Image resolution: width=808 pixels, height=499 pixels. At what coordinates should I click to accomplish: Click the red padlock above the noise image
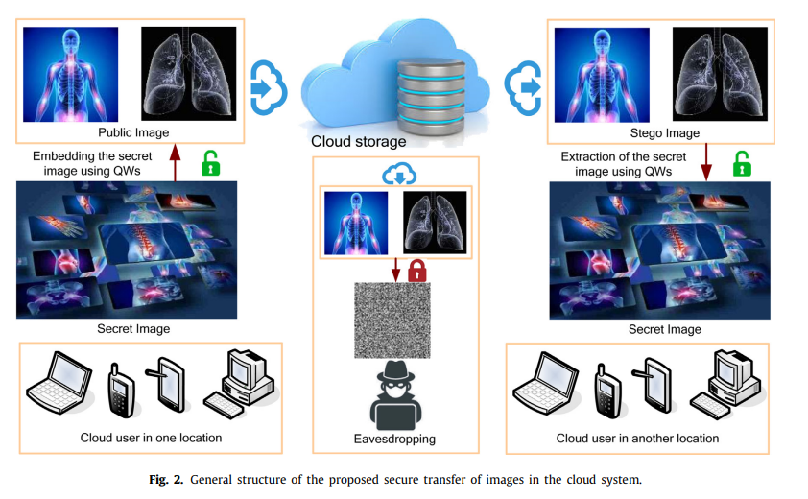pyautogui.click(x=417, y=271)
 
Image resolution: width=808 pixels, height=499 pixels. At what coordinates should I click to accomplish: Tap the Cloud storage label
pyautogui.click(x=358, y=142)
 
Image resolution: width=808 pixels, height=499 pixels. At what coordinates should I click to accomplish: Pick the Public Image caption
pyautogui.click(x=133, y=132)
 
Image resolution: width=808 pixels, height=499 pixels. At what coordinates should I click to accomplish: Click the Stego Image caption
pyautogui.click(x=664, y=132)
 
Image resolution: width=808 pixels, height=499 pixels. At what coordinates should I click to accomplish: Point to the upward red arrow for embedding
pyautogui.click(x=174, y=159)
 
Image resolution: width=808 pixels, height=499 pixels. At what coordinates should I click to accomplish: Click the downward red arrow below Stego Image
pyautogui.click(x=705, y=160)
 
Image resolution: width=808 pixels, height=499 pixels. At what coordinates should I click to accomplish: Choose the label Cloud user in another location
pyautogui.click(x=637, y=438)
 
